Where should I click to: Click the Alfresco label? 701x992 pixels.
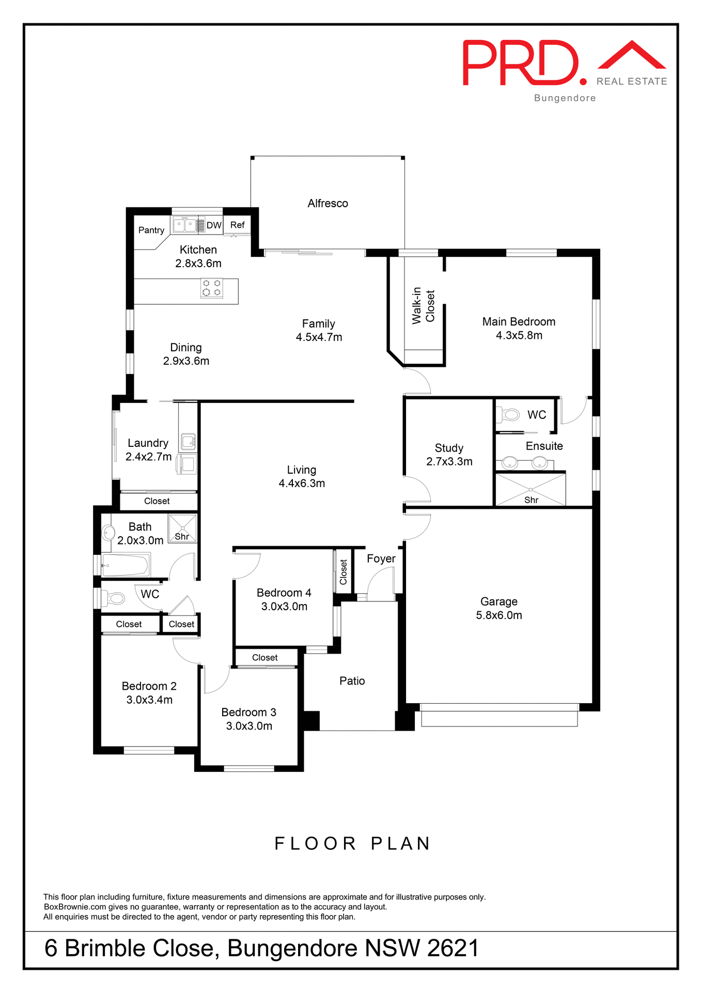328,204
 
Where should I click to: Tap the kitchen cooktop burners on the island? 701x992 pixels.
211,288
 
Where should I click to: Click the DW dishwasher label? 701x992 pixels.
214,225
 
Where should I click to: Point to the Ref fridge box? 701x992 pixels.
237,225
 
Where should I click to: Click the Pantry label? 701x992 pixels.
151,230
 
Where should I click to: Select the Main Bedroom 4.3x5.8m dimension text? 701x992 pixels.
519,335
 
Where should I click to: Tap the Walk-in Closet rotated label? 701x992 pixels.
423,306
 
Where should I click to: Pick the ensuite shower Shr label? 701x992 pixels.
531,500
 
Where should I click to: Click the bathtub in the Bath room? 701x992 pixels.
126,565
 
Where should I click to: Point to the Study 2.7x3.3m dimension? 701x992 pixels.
449,462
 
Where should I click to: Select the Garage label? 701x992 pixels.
499,601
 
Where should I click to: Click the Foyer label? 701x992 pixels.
381,559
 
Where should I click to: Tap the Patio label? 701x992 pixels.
352,681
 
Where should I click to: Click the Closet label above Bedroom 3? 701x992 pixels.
264,658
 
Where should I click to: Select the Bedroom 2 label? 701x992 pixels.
149,686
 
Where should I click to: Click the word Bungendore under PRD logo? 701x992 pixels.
565,98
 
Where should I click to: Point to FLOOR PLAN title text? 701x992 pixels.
352,844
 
